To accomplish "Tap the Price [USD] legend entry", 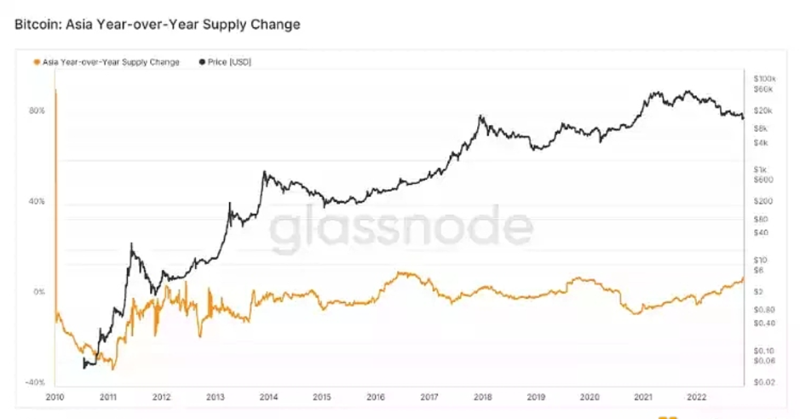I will point(229,63).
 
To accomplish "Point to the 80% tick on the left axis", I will point(37,111).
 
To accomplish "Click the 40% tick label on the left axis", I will point(37,202).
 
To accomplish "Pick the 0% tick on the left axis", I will point(39,292).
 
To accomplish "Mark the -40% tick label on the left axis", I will point(35,383).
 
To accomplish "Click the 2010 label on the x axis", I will point(55,397).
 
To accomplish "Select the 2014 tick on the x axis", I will point(268,397).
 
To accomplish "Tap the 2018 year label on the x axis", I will point(483,397).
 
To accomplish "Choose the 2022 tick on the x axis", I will point(697,397).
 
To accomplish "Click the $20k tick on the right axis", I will point(763,111).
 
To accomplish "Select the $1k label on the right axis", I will point(761,169).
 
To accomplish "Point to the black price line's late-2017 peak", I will point(482,115).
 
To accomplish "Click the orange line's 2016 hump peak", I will point(403,273).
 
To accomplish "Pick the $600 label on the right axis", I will point(763,180).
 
